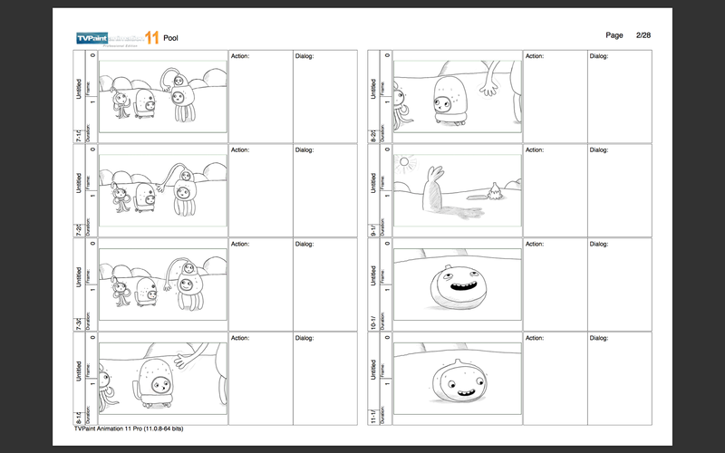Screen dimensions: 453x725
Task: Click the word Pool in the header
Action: pos(170,38)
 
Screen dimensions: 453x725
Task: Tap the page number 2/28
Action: pos(643,34)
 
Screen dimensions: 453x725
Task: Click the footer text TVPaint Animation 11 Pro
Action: pos(136,430)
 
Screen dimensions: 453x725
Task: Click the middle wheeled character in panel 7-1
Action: pos(144,101)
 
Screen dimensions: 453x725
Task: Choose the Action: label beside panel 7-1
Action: pos(240,56)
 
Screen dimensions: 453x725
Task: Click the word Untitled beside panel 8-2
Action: pos(372,90)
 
